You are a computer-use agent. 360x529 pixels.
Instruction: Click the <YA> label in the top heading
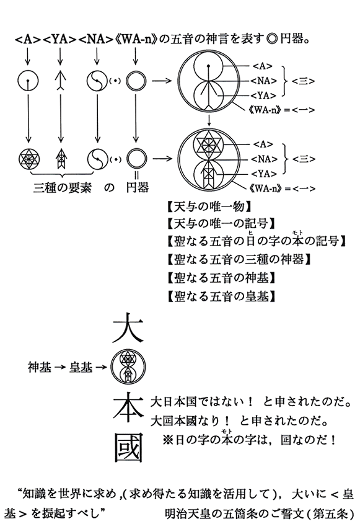coord(60,40)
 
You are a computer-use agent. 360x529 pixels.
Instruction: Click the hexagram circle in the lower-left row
coord(29,159)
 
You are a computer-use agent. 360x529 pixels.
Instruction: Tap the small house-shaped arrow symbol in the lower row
coord(60,159)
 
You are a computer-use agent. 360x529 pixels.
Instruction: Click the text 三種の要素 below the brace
coord(62,187)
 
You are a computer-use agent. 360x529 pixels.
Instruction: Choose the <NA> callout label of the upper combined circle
coord(263,81)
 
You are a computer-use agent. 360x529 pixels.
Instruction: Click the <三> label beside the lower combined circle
coord(304,159)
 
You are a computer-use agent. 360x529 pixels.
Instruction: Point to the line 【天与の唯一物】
coord(209,206)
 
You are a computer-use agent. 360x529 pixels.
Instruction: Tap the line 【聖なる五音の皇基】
coord(221,296)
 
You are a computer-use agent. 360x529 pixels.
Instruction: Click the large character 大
coord(128,327)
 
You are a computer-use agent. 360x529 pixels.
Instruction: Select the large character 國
coord(128,447)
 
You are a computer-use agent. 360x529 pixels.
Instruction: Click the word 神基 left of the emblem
coord(39,367)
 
